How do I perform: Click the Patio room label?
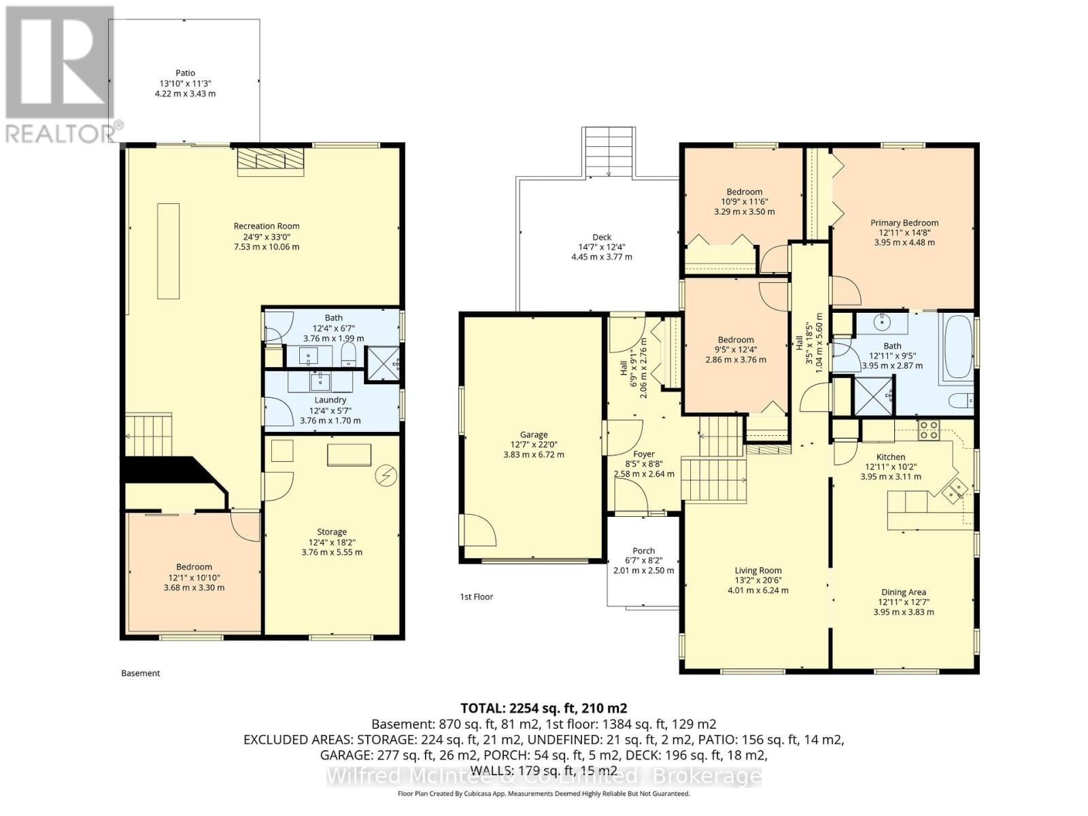coord(185,73)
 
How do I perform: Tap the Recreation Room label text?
coord(267,226)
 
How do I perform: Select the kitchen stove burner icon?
coord(928,429)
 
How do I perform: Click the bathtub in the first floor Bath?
coord(957,347)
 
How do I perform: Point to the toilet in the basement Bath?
coord(348,354)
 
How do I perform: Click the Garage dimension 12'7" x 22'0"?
coord(534,445)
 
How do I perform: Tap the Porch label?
coord(643,551)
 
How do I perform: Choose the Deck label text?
coord(601,237)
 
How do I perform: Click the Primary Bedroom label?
coord(904,222)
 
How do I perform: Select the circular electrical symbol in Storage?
coord(386,475)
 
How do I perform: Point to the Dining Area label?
coord(904,592)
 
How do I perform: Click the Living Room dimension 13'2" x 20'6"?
coord(758,580)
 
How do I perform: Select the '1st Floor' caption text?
coord(476,596)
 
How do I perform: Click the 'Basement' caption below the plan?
coord(141,673)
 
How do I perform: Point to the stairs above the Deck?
coord(609,152)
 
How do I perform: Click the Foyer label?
coord(643,454)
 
